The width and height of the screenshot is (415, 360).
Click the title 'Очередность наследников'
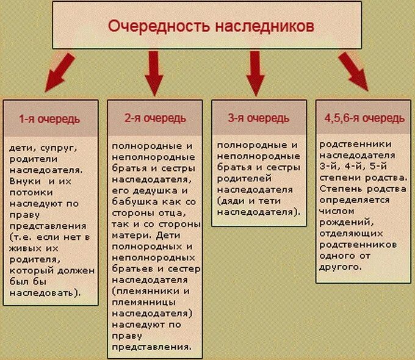click(211, 27)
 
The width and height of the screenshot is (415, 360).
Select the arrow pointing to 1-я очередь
click(58, 70)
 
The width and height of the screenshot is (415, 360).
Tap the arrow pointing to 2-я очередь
click(153, 71)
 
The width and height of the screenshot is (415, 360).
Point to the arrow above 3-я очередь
click(254, 71)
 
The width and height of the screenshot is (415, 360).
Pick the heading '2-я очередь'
click(155, 118)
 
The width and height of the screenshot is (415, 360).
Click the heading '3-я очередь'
click(258, 118)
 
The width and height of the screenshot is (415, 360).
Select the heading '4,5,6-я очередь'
click(363, 118)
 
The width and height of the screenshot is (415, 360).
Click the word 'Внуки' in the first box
click(25, 181)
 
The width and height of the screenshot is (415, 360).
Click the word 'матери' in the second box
click(129, 235)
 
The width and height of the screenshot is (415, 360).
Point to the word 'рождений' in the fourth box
click(341, 222)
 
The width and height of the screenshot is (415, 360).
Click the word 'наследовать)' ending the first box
click(51, 292)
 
